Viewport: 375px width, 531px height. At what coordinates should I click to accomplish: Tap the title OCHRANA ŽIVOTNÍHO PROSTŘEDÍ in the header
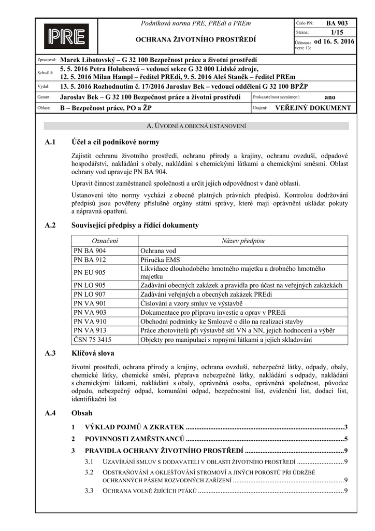pos(195,39)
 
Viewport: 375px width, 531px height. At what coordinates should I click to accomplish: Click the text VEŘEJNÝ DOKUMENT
pos(312,108)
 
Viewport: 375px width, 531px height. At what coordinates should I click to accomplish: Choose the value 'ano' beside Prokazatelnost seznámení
pos(329,97)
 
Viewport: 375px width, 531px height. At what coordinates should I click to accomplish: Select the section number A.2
pos(50,225)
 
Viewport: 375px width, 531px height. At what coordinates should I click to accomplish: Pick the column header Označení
pos(105,241)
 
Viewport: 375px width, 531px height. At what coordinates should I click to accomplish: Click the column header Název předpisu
pos(243,241)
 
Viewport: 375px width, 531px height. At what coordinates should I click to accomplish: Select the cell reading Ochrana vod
pos(158,250)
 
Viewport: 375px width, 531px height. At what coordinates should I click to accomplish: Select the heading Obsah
pos(82,413)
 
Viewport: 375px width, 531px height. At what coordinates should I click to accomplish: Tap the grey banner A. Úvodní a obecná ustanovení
pos(196,126)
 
